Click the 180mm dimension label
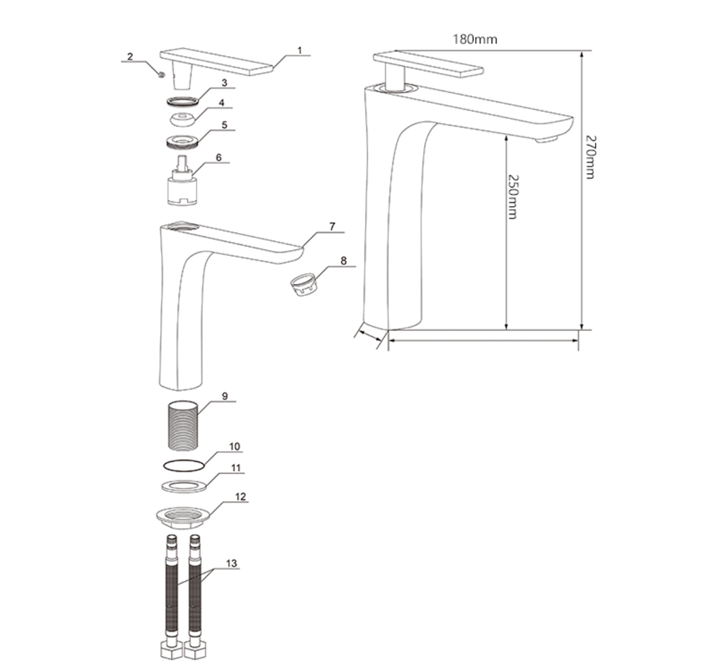click(x=475, y=39)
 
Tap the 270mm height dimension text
click(x=590, y=157)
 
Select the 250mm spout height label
click(x=513, y=197)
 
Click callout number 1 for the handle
click(x=299, y=50)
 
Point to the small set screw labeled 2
click(x=160, y=74)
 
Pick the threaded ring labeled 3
click(x=183, y=101)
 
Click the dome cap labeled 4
click(x=183, y=119)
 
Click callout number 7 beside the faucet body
click(x=333, y=227)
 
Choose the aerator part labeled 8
click(x=303, y=286)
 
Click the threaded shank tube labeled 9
click(x=183, y=426)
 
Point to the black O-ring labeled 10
click(x=183, y=465)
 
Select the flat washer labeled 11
click(x=184, y=487)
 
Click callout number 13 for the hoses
click(x=231, y=563)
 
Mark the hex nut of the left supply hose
click(x=172, y=650)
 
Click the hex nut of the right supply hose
click(x=196, y=650)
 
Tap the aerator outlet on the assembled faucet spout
click(x=546, y=140)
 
